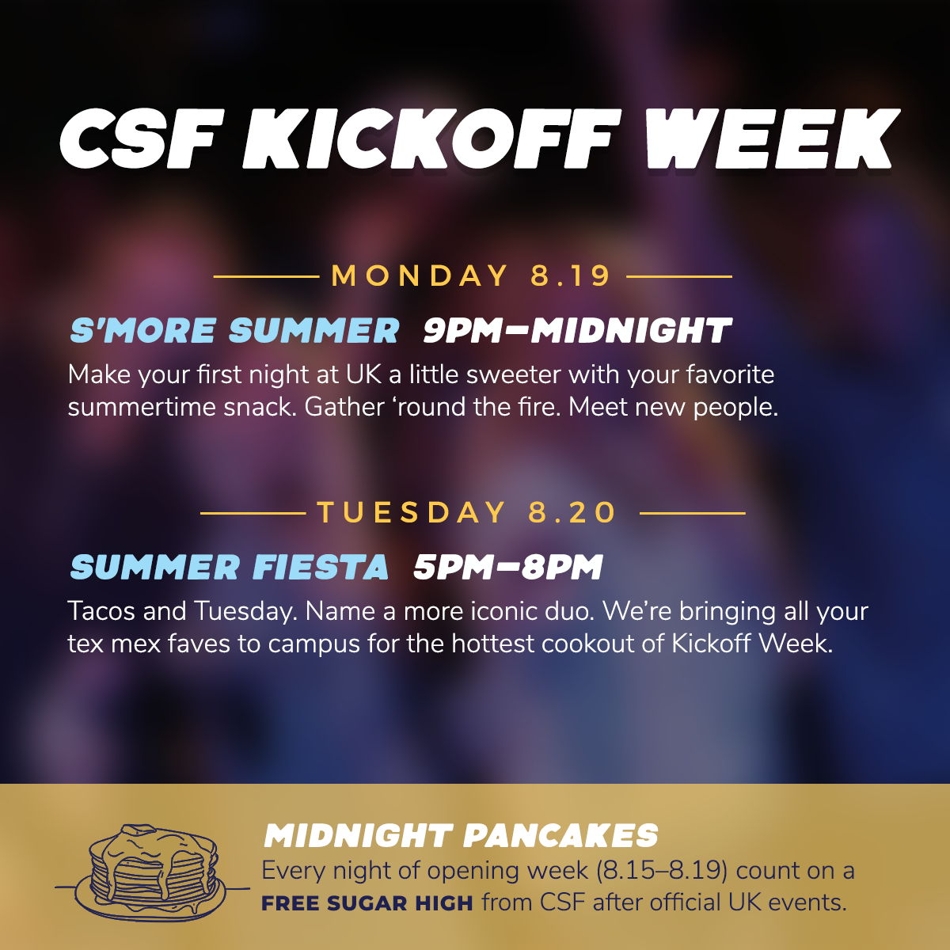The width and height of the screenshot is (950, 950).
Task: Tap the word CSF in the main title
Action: coord(142,139)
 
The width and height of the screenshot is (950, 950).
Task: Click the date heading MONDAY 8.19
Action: coord(471,275)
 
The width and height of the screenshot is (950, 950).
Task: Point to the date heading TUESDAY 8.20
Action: coord(466,512)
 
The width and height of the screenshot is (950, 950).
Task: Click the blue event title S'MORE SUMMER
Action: coord(234,330)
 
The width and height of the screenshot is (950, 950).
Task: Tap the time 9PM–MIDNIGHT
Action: coord(578,330)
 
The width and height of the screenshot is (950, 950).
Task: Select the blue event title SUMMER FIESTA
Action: coord(230,567)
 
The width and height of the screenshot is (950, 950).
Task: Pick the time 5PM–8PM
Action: coord(508,567)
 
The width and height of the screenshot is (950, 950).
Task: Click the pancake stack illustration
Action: coord(153,870)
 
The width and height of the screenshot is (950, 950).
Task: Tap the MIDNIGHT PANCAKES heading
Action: coord(461,836)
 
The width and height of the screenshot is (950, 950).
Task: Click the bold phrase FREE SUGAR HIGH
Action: coord(367,903)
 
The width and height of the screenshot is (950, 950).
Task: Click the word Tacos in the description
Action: coord(101,611)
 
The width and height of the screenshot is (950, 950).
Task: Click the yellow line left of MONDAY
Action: coord(266,276)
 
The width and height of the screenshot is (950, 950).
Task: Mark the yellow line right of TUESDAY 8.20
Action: coord(693,513)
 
